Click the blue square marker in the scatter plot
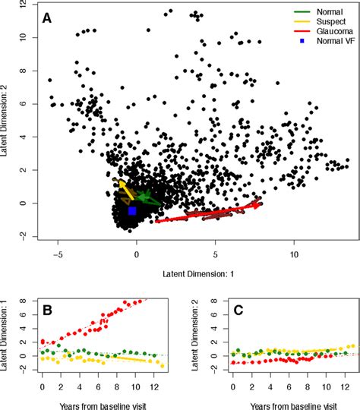click(131, 210)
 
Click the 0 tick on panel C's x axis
click(232, 387)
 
